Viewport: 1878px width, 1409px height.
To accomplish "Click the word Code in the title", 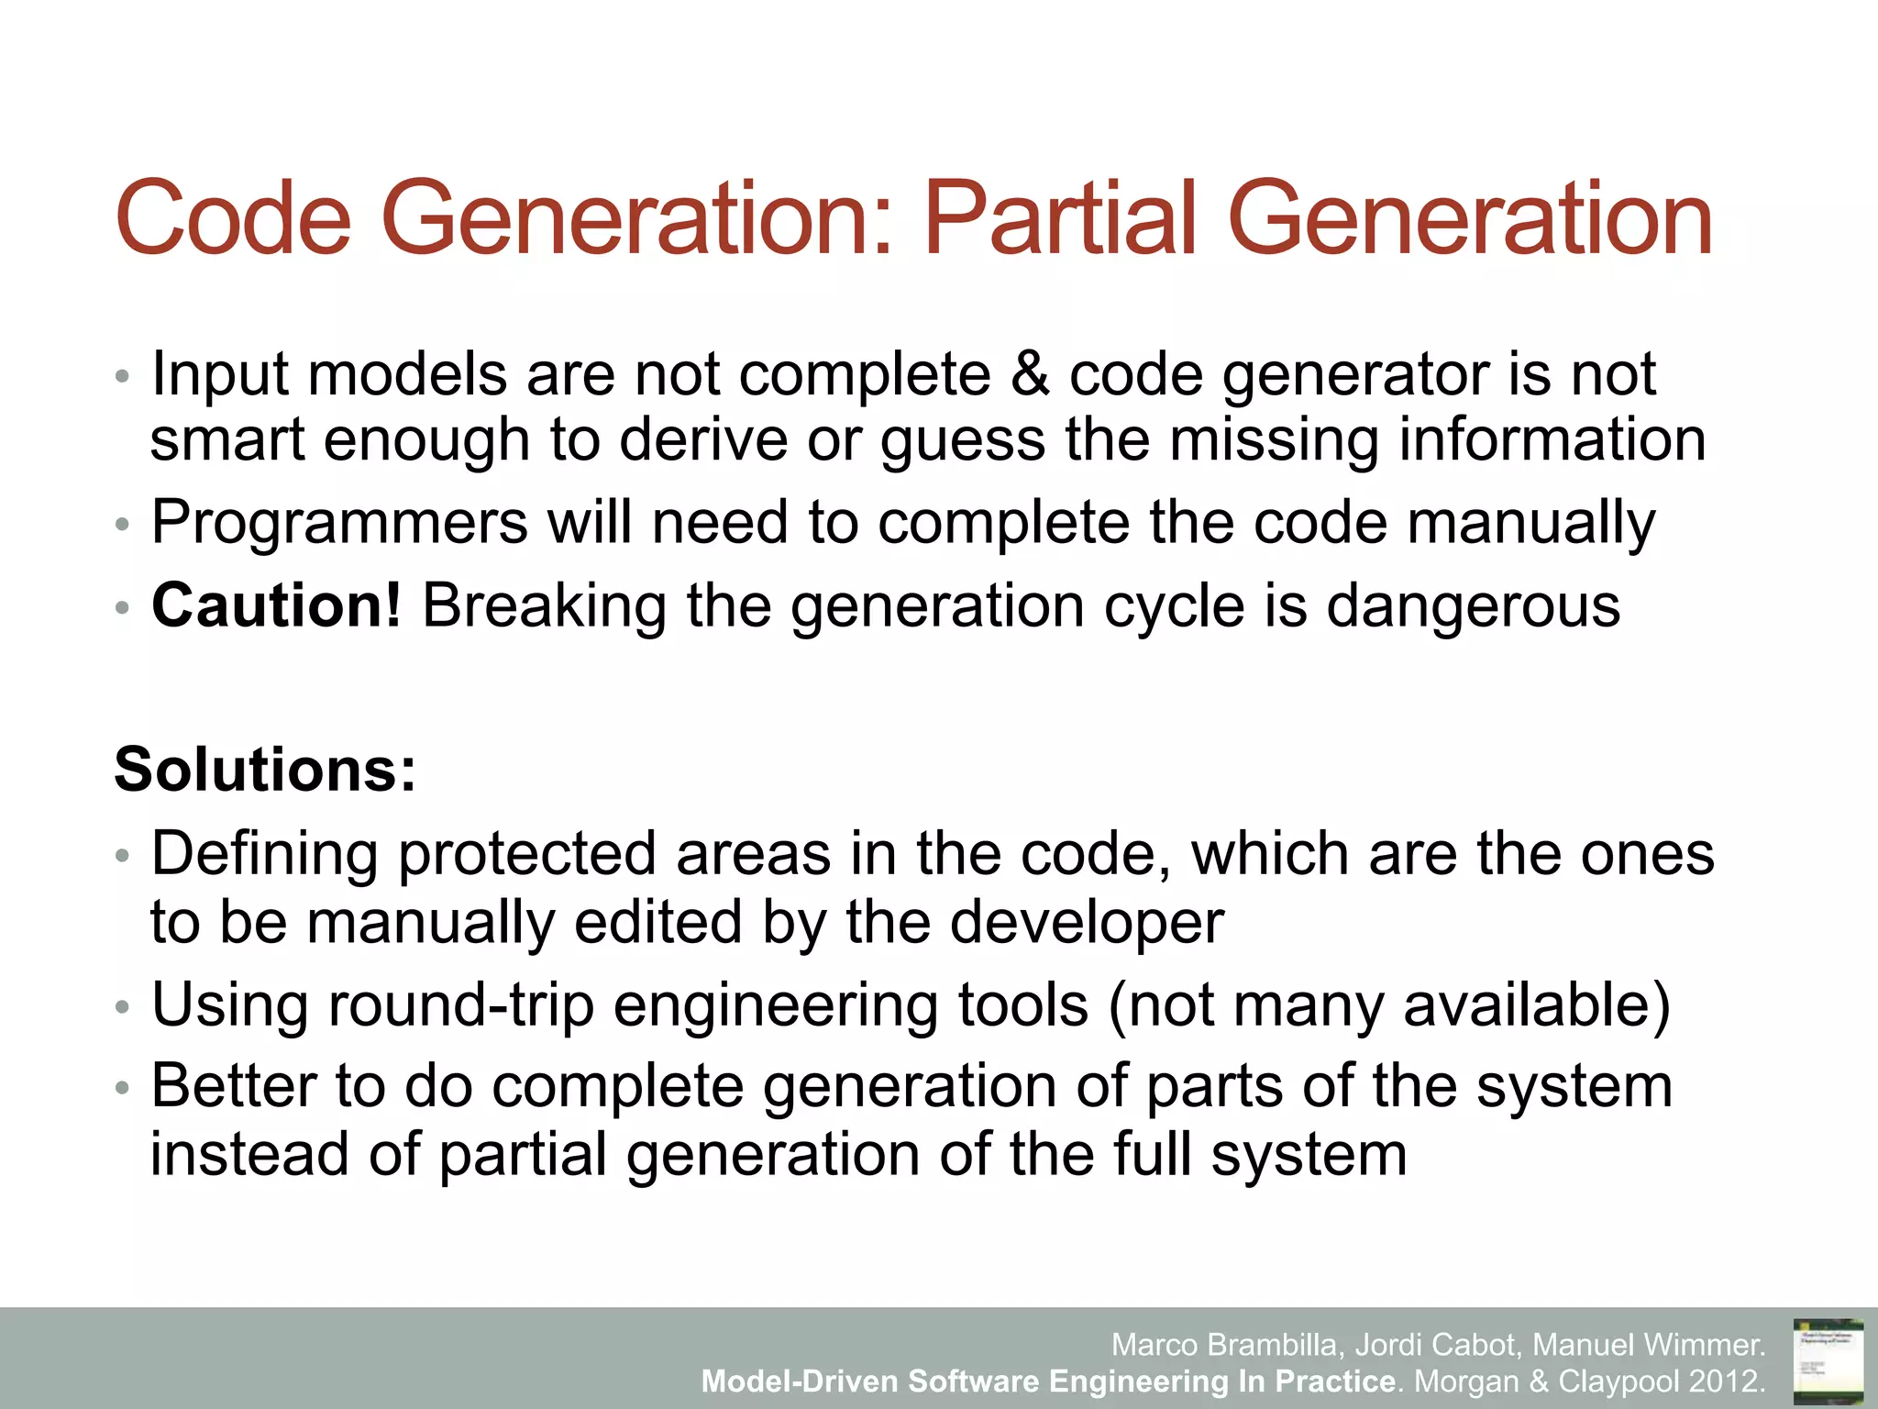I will click(x=233, y=218).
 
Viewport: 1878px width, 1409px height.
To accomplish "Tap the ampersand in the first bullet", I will click(x=1030, y=374).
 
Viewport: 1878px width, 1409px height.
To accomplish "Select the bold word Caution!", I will click(x=276, y=606).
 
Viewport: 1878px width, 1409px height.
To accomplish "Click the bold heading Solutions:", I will click(x=265, y=769).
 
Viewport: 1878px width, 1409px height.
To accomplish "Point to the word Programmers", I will click(x=339, y=523).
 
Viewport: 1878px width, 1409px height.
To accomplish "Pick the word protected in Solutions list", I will click(x=527, y=854).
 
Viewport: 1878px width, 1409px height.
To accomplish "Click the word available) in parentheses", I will click(x=1537, y=1004).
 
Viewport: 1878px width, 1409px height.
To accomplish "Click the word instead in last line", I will click(x=249, y=1154).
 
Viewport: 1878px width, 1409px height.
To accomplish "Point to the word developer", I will click(x=1086, y=922).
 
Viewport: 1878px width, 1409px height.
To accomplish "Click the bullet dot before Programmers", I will click(x=123, y=526).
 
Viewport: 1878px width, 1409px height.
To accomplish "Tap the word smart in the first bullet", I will click(x=226, y=440).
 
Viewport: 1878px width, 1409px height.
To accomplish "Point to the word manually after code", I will click(x=1530, y=523).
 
